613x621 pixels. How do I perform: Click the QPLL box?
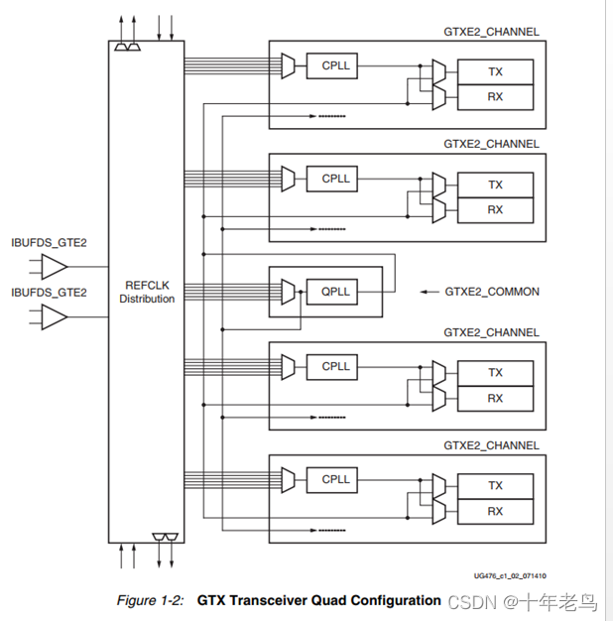click(332, 292)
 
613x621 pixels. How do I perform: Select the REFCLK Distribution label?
click(147, 292)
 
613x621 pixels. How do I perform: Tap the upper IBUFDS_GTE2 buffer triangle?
click(55, 267)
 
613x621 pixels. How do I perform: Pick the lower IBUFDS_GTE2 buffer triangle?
click(55, 316)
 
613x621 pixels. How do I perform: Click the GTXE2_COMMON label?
click(492, 292)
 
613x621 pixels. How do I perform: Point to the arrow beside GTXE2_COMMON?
click(429, 292)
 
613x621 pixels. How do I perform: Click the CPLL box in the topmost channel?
click(332, 65)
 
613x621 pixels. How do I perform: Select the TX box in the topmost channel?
click(495, 72)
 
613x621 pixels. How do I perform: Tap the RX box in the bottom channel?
click(495, 512)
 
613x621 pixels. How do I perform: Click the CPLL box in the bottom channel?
click(332, 480)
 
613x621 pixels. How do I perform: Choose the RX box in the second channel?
click(495, 210)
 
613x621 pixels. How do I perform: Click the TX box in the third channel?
click(495, 373)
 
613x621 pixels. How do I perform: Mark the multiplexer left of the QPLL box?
click(288, 292)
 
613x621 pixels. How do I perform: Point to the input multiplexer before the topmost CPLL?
click(288, 65)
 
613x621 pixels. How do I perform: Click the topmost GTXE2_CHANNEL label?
click(491, 32)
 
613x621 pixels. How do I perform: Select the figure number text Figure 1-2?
click(150, 600)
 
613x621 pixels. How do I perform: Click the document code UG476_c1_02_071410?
click(510, 575)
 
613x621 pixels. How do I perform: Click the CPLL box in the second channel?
click(332, 179)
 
